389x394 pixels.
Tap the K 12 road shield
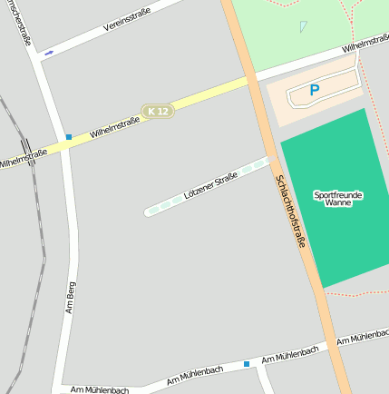157,111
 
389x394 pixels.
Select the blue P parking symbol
315,90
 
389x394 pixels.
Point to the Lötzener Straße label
210,186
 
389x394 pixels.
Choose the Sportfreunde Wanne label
337,199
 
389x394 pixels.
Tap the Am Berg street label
71,296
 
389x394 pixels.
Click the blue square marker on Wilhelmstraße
68,137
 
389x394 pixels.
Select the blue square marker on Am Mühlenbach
246,364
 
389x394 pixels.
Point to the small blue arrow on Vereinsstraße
49,53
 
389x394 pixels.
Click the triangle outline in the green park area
303,26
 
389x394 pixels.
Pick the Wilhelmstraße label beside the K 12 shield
114,126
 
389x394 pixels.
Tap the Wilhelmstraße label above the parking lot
365,45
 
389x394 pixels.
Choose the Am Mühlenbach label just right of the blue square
289,355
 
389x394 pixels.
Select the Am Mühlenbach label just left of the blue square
195,374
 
